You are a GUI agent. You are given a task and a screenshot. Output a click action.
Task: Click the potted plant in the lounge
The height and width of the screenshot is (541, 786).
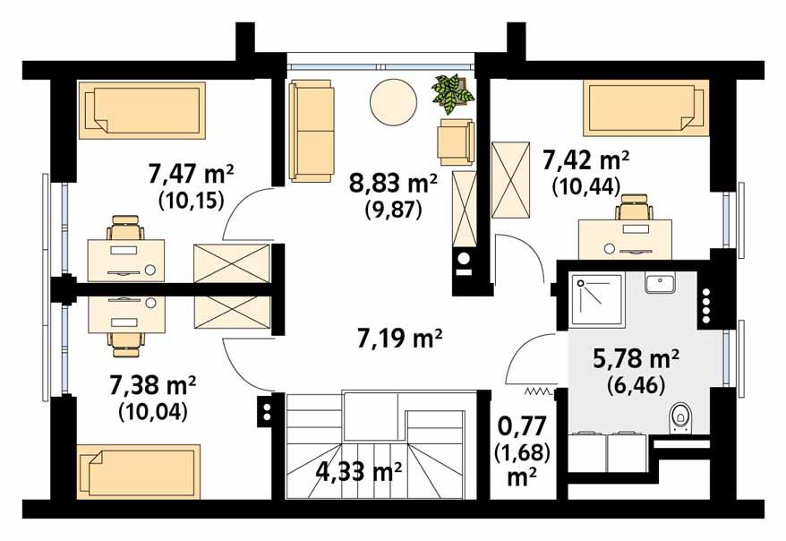pyautogui.click(x=452, y=94)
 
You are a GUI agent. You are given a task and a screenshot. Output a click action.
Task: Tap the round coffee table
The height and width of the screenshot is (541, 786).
pyautogui.click(x=395, y=102)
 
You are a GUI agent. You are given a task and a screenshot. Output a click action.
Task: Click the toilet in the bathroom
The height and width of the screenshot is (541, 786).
pyautogui.click(x=681, y=416)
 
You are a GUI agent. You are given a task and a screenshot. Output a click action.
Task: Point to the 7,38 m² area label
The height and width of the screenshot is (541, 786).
pyautogui.click(x=152, y=386)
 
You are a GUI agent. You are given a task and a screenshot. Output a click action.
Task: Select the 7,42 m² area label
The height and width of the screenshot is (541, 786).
pyautogui.click(x=586, y=161)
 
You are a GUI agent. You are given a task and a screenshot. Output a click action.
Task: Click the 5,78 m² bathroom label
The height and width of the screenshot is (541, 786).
pyautogui.click(x=636, y=359)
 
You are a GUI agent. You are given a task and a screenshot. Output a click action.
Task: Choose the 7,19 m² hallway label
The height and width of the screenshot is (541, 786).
pyautogui.click(x=402, y=339)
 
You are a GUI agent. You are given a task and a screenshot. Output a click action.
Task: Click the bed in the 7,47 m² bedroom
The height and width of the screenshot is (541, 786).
pyautogui.click(x=144, y=109)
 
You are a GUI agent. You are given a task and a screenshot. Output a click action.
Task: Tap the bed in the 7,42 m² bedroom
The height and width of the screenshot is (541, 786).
pyautogui.click(x=645, y=108)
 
